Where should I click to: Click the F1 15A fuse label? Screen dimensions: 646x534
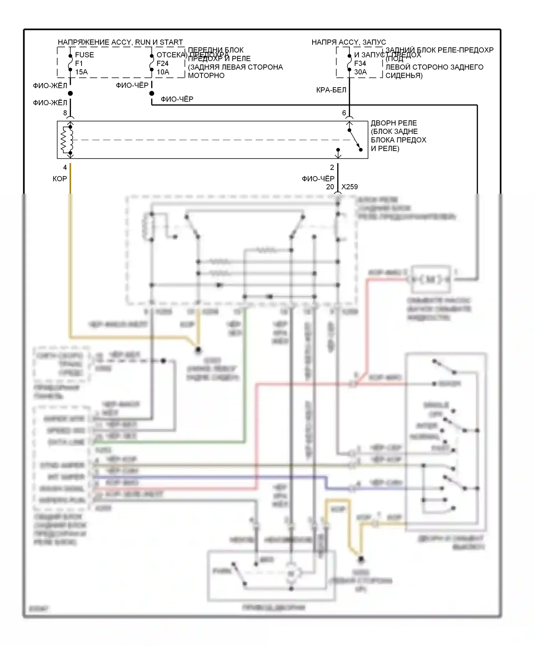point(81,63)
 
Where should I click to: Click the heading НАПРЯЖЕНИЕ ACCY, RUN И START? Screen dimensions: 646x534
point(120,42)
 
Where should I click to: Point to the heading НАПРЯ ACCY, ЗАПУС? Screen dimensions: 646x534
point(349,42)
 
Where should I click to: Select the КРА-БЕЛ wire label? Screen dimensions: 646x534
point(331,90)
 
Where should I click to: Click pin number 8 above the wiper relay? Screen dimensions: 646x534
point(65,113)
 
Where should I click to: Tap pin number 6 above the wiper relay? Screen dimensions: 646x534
point(344,113)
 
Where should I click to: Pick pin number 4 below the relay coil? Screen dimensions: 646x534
point(65,167)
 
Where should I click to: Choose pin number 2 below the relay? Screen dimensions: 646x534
point(332,167)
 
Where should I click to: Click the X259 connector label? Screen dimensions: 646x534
point(350,187)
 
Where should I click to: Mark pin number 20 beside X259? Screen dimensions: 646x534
point(330,187)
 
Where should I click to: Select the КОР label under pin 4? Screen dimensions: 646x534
point(60,179)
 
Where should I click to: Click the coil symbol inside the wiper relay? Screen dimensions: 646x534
point(67,140)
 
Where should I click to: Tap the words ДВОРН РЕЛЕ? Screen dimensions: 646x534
point(394,123)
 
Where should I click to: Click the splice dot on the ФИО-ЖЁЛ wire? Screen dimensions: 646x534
point(70,93)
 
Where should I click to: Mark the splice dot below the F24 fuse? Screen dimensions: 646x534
point(152,93)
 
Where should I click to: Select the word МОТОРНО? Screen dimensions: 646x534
point(206,75)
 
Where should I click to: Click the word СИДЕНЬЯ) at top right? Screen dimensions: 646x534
point(404,75)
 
